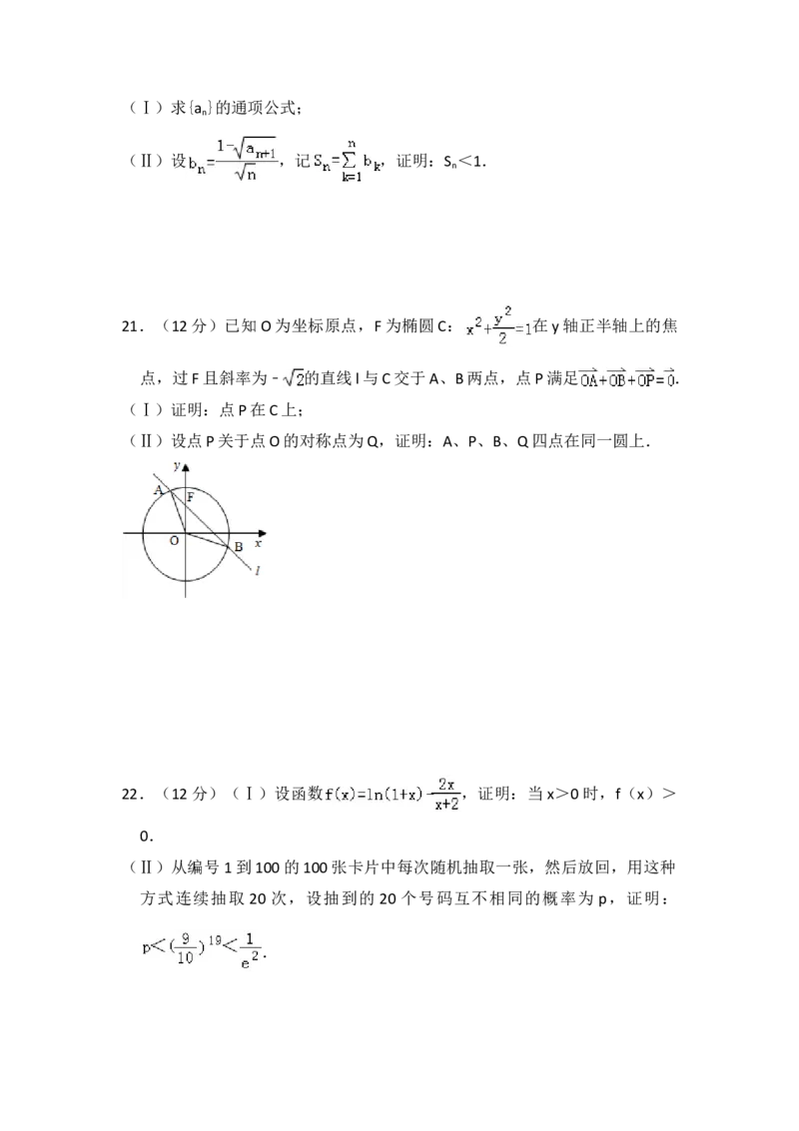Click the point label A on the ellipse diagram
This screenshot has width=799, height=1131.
click(158, 489)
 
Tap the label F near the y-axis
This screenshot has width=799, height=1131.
click(191, 496)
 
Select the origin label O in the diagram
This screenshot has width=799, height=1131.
click(174, 540)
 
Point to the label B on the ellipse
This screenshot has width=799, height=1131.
click(238, 547)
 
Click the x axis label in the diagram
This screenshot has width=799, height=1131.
click(258, 544)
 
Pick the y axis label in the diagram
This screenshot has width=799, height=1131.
click(176, 466)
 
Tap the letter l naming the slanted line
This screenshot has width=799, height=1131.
click(259, 570)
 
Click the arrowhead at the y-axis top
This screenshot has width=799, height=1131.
click(185, 465)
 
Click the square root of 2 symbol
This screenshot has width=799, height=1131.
click(295, 379)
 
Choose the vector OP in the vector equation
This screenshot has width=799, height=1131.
click(647, 380)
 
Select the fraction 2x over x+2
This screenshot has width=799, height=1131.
click(447, 796)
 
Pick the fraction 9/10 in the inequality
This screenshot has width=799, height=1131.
click(187, 951)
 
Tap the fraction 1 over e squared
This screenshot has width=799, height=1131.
click(251, 951)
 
